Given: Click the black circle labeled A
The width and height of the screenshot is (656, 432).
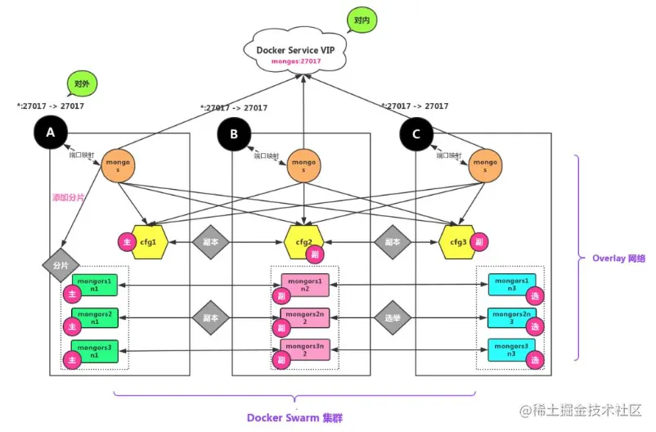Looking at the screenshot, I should [50, 133].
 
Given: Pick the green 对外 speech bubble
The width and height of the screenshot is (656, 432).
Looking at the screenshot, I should [83, 84].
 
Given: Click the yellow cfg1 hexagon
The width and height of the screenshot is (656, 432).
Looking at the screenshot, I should [148, 241].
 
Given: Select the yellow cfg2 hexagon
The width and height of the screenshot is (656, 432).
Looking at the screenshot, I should [303, 241].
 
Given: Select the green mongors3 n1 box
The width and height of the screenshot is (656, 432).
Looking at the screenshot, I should [96, 351].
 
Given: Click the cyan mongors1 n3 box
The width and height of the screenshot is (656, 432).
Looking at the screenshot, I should [512, 285].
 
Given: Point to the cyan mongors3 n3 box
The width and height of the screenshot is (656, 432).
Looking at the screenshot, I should [512, 349].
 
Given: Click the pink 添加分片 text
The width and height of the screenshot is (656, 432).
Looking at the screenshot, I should [69, 197].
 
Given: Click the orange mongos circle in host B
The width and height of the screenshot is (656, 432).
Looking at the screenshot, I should [304, 165].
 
